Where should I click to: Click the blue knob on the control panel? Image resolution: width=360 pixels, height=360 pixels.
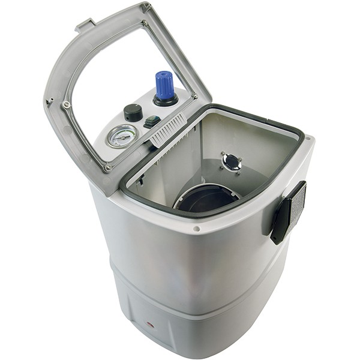click(x=164, y=84)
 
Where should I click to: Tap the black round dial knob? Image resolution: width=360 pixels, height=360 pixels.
click(x=133, y=112)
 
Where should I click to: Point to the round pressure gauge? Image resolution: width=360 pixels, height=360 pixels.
click(x=121, y=136)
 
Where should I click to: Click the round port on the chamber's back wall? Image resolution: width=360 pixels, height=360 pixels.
click(x=231, y=161)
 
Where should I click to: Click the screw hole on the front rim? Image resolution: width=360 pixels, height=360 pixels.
click(x=196, y=229)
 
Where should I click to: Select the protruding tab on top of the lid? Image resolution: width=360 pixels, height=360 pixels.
click(x=85, y=25)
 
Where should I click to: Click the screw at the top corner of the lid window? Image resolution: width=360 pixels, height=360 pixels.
click(x=145, y=23)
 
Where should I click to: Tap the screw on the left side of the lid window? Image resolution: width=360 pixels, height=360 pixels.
click(x=66, y=105)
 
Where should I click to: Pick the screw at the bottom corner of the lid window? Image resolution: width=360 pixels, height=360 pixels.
click(x=108, y=168)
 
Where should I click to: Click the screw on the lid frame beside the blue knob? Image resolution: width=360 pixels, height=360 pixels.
click(x=194, y=96)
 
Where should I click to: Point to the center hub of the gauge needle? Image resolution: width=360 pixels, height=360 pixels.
click(x=121, y=136)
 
